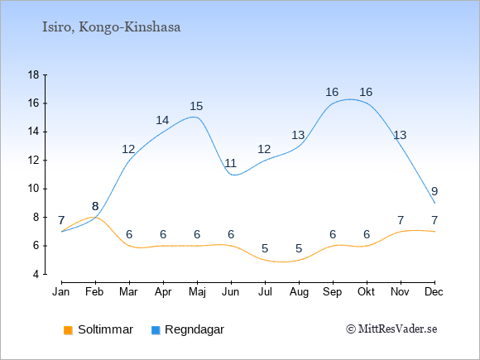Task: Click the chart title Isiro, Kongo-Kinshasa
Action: pyautogui.click(x=111, y=27)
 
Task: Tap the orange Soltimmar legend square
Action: pyautogui.click(x=68, y=330)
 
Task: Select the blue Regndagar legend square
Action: pyautogui.click(x=156, y=330)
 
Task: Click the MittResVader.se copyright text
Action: pyautogui.click(x=391, y=329)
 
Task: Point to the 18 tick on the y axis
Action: pyautogui.click(x=34, y=75)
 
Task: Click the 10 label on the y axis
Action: pyautogui.click(x=34, y=189)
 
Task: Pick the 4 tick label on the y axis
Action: pyautogui.click(x=36, y=274)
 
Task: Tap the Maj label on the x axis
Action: pyautogui.click(x=197, y=292)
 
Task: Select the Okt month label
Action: pyautogui.click(x=366, y=292)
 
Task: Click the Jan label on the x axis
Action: pyautogui.click(x=61, y=292)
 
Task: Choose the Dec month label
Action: pyautogui.click(x=434, y=292)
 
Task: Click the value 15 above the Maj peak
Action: pyautogui.click(x=196, y=106)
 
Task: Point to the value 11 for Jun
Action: pyautogui.click(x=230, y=163)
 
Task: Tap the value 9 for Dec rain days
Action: pyautogui.click(x=434, y=192)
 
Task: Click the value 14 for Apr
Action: pyautogui.click(x=162, y=120)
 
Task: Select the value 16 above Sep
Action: pyautogui.click(x=332, y=92)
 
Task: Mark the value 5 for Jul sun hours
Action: pyautogui.click(x=265, y=248)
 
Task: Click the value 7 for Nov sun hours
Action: pyautogui.click(x=401, y=220)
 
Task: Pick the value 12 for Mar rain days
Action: pyautogui.click(x=128, y=149)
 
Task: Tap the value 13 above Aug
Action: pyautogui.click(x=298, y=135)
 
